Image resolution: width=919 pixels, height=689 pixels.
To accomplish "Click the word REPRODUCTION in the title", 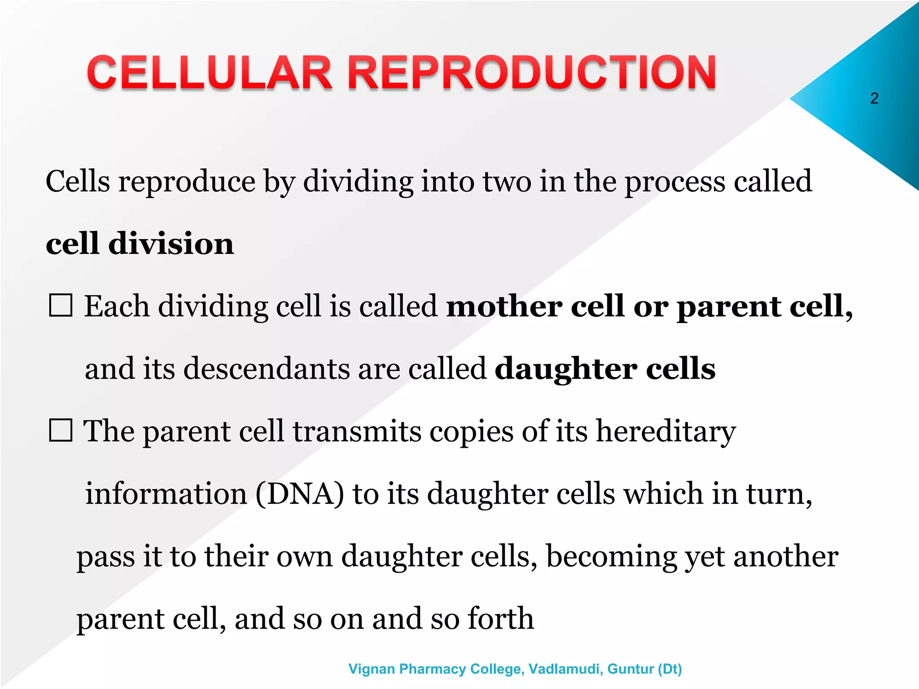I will tap(532, 73).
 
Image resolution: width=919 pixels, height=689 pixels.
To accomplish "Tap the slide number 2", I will tap(874, 98).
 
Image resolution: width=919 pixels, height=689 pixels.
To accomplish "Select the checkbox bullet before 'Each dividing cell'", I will tap(61, 306).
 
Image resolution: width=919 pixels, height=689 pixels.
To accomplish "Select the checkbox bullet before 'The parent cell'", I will tap(61, 431).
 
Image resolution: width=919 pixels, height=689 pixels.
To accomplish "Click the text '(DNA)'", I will tap(300, 494).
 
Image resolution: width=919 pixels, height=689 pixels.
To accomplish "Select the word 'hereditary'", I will tap(666, 432).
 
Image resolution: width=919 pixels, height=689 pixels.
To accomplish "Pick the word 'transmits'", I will tap(357, 432).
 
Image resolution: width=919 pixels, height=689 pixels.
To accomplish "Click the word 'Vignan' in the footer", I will tap(372, 669).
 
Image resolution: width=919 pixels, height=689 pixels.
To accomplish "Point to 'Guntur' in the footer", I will tap(630, 669).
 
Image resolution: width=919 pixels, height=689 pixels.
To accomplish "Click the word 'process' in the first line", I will tap(675, 182).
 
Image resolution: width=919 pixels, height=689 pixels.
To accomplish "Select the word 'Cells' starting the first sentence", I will tap(78, 182).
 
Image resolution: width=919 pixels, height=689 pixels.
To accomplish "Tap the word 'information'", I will tap(166, 494).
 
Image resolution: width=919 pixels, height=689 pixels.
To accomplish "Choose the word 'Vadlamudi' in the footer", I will tap(565, 669).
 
